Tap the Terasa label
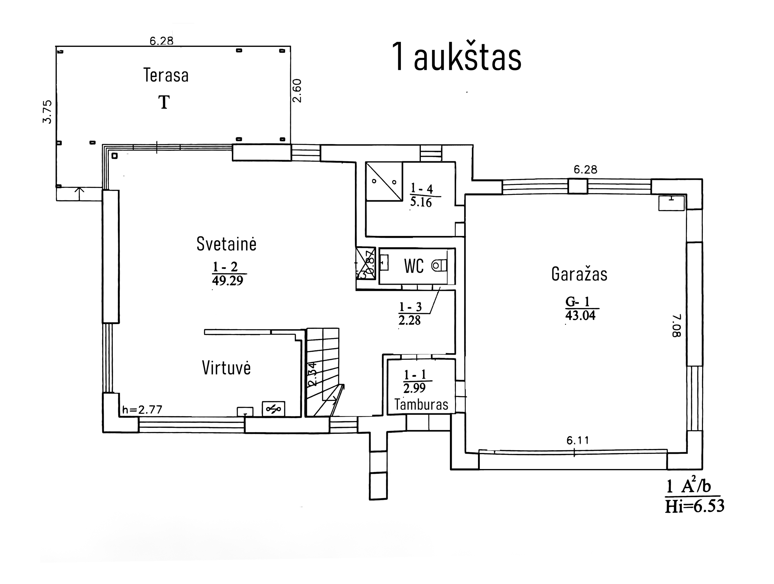[x=166, y=75]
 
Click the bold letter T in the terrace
[x=164, y=102]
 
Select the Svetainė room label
[x=226, y=244]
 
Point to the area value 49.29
[x=227, y=281]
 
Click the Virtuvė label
[x=226, y=368]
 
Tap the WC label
[x=414, y=266]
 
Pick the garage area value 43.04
[x=580, y=316]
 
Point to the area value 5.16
[x=421, y=202]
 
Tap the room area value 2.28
[x=409, y=320]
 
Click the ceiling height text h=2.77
[x=142, y=410]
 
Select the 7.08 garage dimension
[x=676, y=326]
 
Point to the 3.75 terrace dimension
[x=47, y=112]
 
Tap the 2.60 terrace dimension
[x=297, y=91]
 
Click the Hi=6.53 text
[x=694, y=506]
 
